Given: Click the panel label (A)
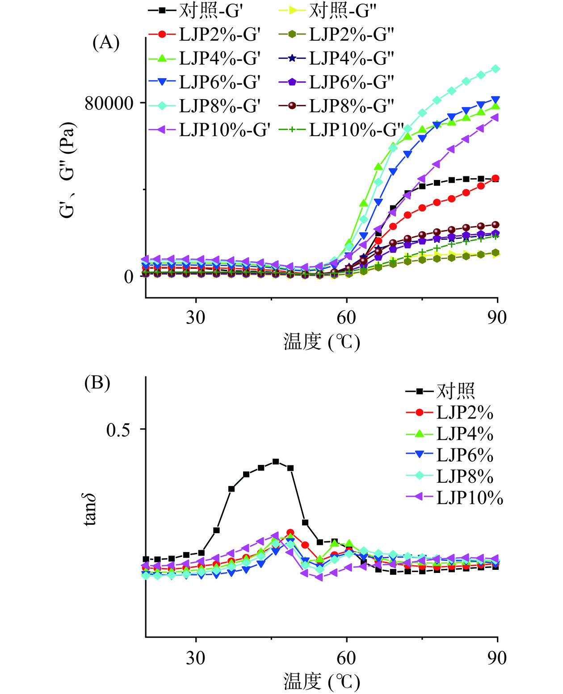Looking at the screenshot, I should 106,43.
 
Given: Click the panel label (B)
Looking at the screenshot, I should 97,383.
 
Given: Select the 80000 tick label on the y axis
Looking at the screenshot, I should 109,103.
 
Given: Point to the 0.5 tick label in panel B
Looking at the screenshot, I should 118,430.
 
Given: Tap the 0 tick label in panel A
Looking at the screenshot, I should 129,277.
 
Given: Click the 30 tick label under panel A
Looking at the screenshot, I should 196,318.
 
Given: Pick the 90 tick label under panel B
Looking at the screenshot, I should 497,658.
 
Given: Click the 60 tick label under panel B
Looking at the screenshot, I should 346,658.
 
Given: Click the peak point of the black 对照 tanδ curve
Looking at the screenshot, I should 276,462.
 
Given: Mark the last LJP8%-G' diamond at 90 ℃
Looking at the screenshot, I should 495,69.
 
